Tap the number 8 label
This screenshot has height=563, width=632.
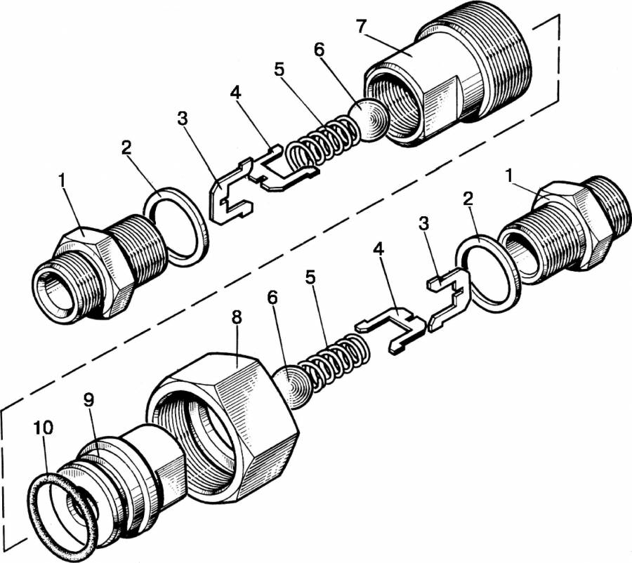[x=237, y=319]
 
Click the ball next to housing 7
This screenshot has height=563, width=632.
[x=371, y=119]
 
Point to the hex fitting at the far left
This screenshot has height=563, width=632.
[x=84, y=274]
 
